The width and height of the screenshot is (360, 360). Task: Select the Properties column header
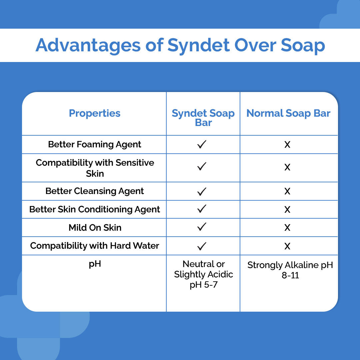(95, 113)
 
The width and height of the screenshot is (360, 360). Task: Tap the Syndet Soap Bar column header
(203, 118)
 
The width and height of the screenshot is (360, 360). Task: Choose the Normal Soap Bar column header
(288, 113)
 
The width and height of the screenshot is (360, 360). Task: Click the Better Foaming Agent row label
(95, 144)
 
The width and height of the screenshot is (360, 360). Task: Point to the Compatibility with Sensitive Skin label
(95, 168)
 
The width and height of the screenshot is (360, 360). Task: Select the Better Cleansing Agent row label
(95, 191)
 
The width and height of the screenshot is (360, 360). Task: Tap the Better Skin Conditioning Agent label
(95, 209)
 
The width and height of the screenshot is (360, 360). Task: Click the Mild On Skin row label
(95, 228)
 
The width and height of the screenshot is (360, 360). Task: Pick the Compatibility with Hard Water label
(95, 246)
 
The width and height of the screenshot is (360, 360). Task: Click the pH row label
(95, 264)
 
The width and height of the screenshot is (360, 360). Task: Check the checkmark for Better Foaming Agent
(202, 144)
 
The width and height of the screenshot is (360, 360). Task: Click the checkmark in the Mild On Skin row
(202, 227)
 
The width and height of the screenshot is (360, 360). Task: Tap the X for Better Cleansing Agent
(287, 191)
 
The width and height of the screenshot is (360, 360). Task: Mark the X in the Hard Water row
(287, 246)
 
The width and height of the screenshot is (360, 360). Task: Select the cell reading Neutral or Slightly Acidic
(203, 274)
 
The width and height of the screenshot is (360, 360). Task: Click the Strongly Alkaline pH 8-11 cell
(290, 270)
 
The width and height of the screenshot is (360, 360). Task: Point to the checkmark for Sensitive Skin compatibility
(202, 166)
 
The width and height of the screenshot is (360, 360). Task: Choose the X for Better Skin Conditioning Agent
(287, 210)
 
